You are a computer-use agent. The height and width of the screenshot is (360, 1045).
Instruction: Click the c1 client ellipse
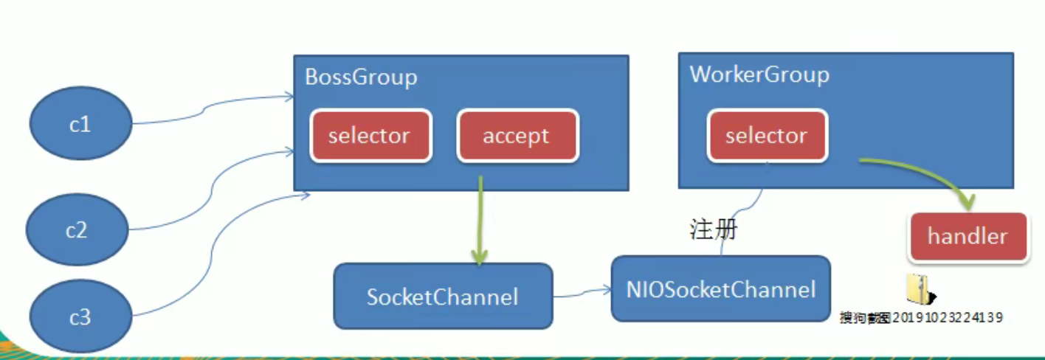80,123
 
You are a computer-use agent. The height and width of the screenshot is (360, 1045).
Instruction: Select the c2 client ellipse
77,229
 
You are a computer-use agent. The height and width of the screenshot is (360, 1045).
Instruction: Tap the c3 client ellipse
80,316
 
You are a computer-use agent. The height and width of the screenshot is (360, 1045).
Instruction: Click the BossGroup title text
361,77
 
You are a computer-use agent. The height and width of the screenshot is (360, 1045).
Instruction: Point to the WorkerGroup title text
759,75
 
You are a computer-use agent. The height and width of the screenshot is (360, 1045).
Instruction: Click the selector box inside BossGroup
371,136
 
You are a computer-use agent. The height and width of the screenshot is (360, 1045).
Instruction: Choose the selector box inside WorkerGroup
768,136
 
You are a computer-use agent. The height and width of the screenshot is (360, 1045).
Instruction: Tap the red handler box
968,236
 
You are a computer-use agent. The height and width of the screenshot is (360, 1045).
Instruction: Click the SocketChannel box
444,296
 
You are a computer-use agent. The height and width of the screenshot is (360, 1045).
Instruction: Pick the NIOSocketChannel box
721,288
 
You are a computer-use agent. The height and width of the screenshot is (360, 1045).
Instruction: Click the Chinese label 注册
714,229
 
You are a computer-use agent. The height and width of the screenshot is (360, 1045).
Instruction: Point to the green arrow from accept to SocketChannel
480,220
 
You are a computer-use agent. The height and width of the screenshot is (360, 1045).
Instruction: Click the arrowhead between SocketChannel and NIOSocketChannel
606,290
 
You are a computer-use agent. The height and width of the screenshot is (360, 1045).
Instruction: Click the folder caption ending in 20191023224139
921,317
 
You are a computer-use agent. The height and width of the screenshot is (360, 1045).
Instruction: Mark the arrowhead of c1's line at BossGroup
290,97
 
